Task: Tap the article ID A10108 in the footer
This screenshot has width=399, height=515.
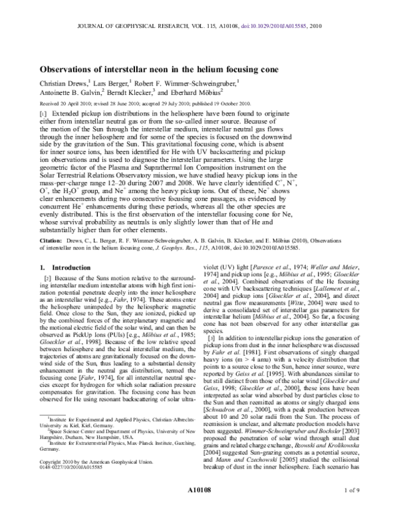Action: [x=199, y=506]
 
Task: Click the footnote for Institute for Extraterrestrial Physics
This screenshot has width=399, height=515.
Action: [x=100, y=457]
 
